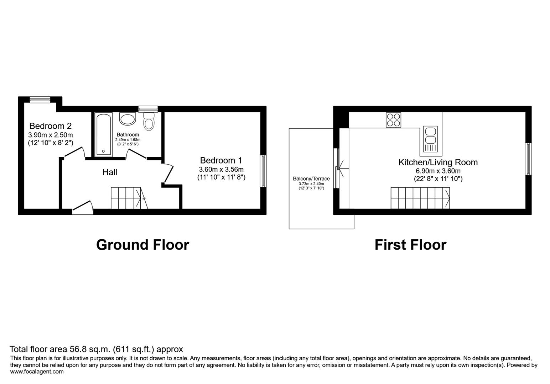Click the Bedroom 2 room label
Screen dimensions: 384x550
click(x=50, y=126)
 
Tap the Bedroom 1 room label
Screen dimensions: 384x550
click(x=221, y=160)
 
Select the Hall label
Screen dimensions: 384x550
click(x=110, y=172)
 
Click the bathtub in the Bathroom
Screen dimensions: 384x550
click(x=104, y=134)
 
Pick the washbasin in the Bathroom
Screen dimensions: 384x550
click(x=128, y=119)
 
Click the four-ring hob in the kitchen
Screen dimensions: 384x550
click(x=393, y=120)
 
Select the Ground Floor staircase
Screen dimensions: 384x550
click(x=128, y=198)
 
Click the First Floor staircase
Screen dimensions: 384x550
click(x=420, y=198)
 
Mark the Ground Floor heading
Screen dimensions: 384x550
click(x=142, y=245)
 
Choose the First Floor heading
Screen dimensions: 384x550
click(x=410, y=245)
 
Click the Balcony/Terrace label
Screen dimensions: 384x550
click(x=311, y=178)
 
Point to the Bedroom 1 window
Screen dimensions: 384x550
click(x=263, y=171)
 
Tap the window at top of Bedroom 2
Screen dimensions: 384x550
click(x=40, y=100)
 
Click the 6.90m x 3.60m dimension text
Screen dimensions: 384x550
click(x=438, y=171)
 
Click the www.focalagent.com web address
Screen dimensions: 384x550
click(x=37, y=372)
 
